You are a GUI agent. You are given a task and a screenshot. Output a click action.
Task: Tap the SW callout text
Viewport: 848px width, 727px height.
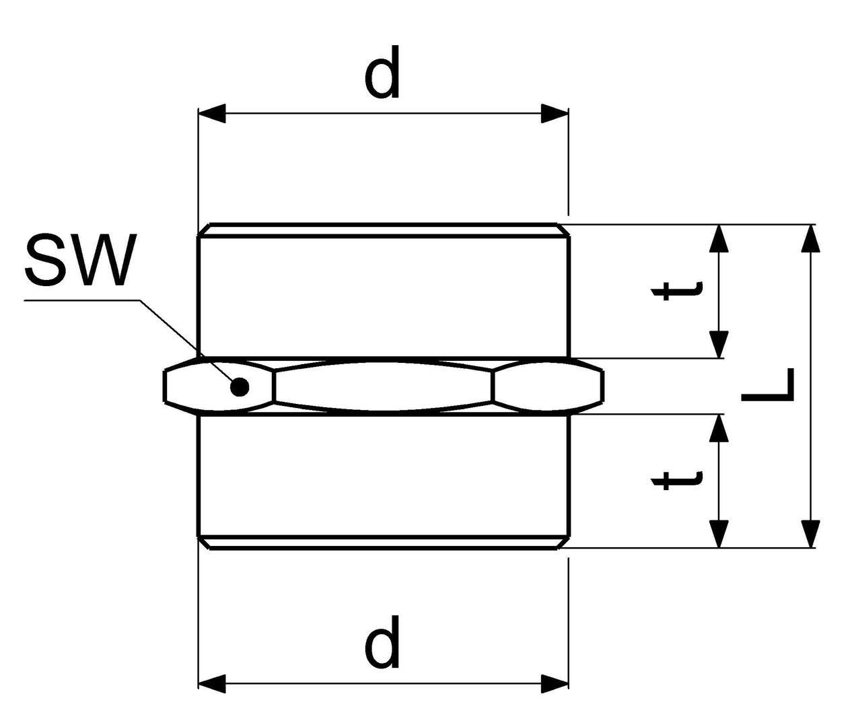click(81, 260)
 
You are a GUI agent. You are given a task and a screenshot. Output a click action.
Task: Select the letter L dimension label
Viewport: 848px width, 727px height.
click(768, 386)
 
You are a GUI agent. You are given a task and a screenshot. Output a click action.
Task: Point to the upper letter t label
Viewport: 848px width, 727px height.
click(676, 290)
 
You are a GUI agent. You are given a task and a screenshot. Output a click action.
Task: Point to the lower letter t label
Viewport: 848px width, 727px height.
click(676, 479)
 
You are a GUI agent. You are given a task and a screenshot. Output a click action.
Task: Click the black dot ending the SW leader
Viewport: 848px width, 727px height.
click(239, 386)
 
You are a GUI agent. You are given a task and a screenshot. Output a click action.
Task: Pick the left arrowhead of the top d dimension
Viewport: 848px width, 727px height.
click(211, 114)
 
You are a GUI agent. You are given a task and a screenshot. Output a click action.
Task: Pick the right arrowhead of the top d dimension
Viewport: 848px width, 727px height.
click(555, 114)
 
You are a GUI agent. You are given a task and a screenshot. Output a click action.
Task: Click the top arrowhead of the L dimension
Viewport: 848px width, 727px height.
click(811, 238)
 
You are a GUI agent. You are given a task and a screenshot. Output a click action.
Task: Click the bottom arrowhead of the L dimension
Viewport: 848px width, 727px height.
click(811, 533)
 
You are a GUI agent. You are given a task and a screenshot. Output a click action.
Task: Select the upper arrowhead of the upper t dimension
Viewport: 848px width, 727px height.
click(719, 238)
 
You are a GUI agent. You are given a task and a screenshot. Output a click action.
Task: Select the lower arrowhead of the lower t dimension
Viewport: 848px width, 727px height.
click(719, 533)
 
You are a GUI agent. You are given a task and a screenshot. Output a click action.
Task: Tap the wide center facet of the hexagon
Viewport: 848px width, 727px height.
click(384, 386)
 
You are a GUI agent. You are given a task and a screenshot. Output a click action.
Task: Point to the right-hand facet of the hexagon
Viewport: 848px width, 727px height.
click(546, 386)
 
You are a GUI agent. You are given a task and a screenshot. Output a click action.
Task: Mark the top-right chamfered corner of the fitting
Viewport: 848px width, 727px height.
click(564, 230)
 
